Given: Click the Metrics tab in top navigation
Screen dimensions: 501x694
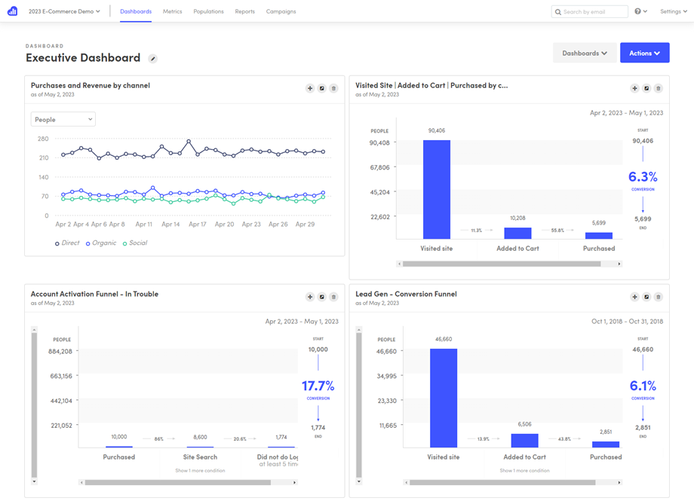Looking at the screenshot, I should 172,11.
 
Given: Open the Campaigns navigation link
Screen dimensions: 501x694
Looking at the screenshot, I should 281,11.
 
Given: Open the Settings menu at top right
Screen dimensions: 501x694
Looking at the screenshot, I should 673,11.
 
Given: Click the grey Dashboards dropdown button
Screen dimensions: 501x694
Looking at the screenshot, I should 584,53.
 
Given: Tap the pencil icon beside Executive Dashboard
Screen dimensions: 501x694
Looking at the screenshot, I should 153,59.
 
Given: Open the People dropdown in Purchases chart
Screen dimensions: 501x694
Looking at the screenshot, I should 63,119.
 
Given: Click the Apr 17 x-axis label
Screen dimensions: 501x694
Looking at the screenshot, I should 198,225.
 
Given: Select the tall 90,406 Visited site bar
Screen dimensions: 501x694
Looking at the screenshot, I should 436,189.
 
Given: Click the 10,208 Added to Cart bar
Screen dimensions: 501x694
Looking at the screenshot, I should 517,233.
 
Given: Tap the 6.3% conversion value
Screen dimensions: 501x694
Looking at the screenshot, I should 643,177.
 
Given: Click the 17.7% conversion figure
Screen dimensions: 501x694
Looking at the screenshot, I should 318,386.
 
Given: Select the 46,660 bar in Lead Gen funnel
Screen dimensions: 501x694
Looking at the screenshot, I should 444,398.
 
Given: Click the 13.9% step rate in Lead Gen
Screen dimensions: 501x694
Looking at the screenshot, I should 484,438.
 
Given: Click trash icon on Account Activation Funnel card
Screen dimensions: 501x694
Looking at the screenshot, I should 333,297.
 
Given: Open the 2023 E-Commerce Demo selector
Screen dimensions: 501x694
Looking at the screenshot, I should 64,11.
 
